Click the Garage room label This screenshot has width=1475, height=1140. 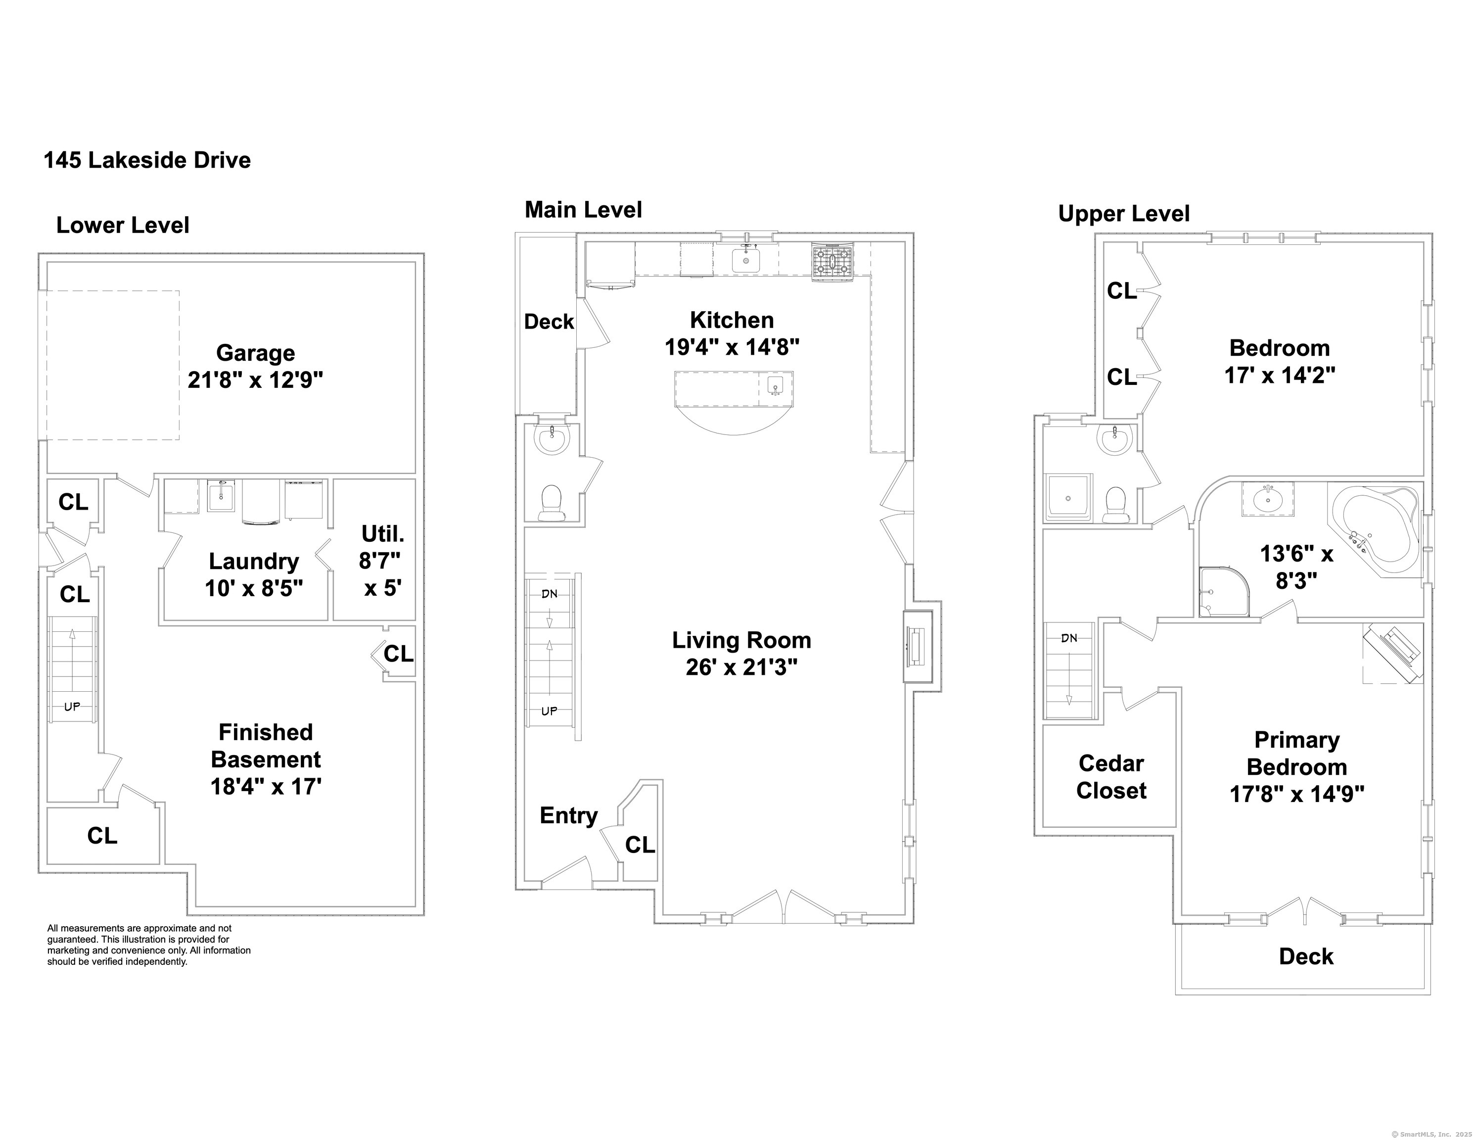click(255, 366)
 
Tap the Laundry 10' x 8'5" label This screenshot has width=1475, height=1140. click(254, 574)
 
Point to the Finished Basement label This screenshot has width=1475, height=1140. click(266, 759)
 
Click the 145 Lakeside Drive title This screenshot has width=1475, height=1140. click(147, 160)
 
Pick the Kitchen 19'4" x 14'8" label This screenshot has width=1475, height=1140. click(732, 333)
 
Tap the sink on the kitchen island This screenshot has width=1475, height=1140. click(775, 385)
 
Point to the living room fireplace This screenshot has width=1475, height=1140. click(918, 647)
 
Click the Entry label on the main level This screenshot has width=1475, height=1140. click(569, 815)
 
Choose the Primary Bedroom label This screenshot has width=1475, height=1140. click(1297, 767)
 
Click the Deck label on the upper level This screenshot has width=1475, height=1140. click(1306, 956)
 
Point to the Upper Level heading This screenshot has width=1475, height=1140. click(1124, 214)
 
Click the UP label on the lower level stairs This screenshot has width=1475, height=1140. click(72, 707)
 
